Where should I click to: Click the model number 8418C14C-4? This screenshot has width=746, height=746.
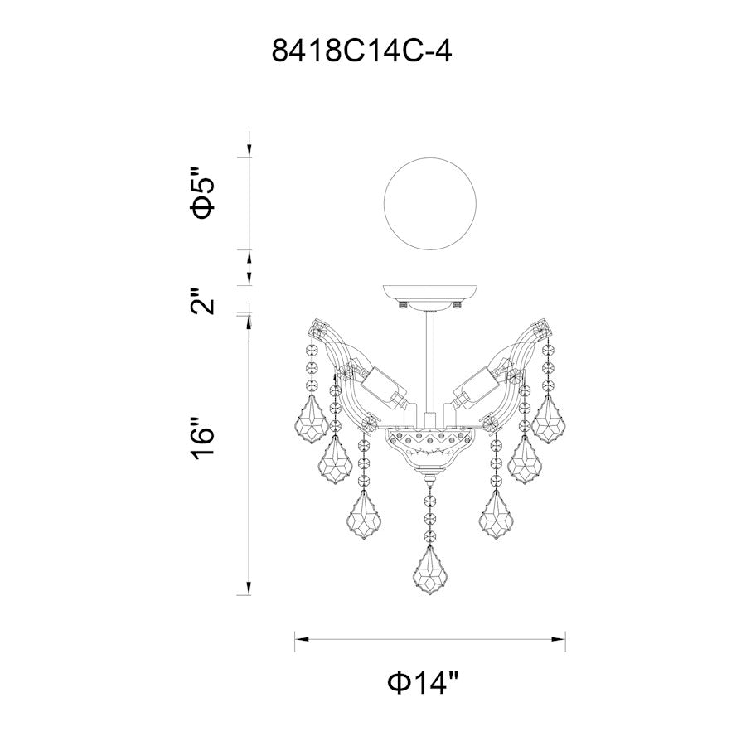(361, 51)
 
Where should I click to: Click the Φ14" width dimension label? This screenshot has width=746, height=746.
(424, 683)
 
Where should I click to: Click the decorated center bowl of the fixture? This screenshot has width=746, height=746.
(430, 449)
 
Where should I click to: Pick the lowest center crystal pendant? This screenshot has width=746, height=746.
(430, 571)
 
